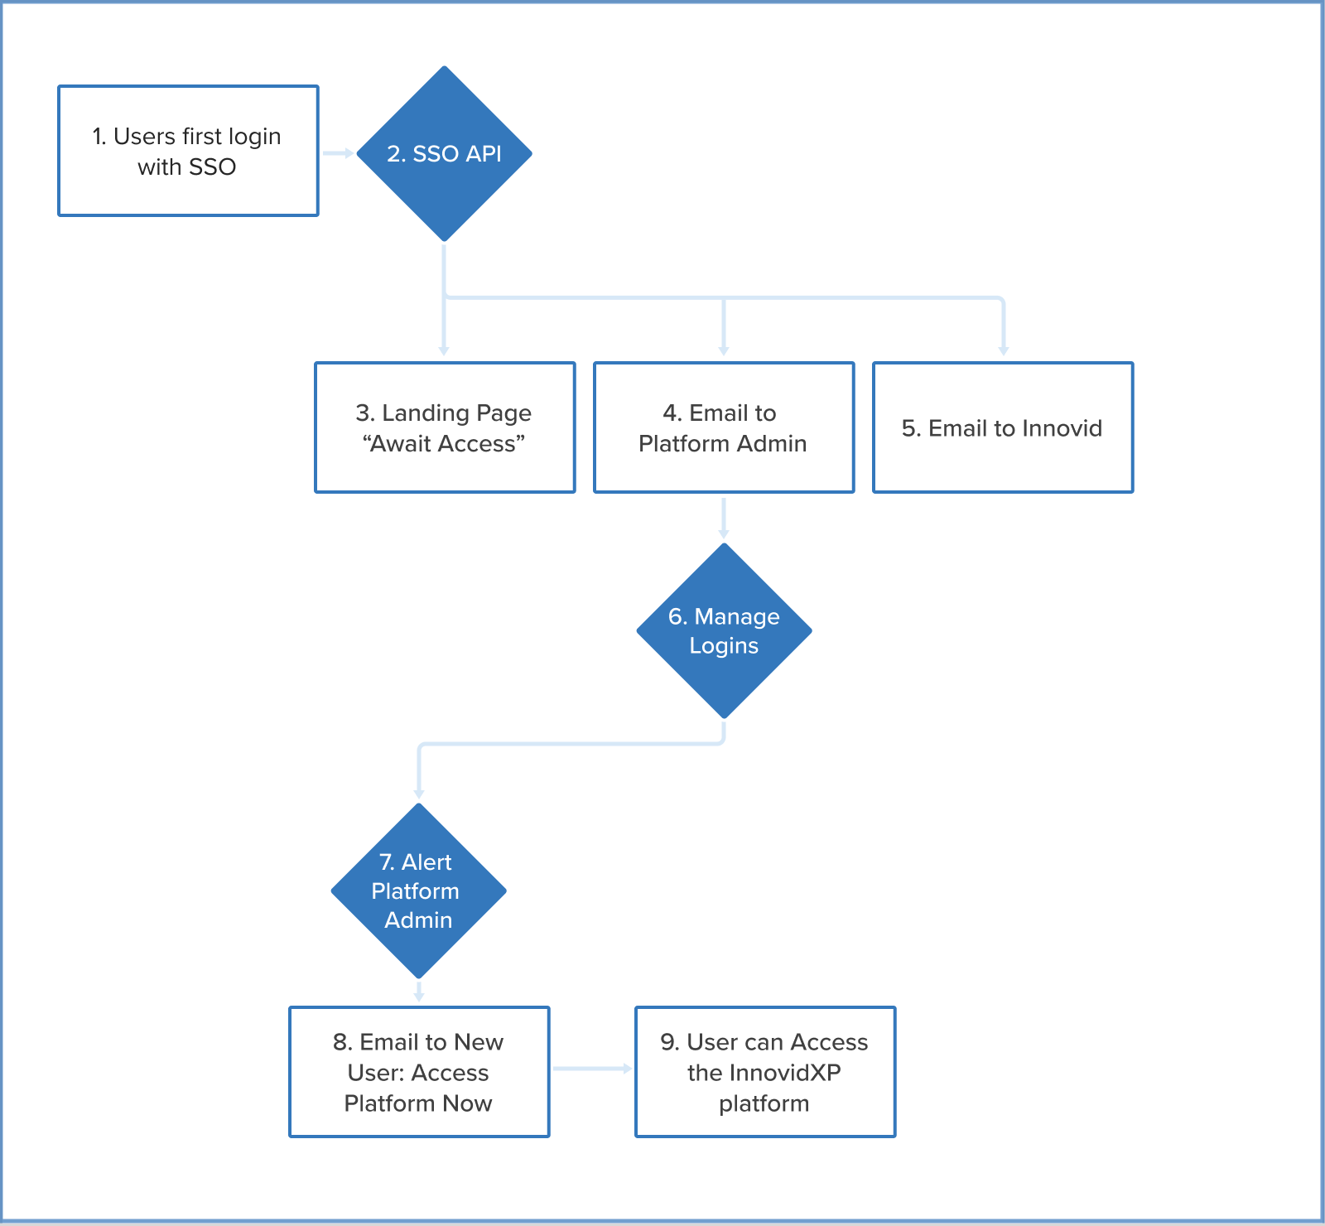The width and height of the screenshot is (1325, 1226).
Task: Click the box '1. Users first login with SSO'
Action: tap(188, 151)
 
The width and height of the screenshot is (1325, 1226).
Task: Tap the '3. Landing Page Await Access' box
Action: tap(445, 427)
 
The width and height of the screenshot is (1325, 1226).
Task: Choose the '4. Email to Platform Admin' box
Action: tap(724, 427)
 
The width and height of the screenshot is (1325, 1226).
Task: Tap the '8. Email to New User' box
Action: tap(419, 1072)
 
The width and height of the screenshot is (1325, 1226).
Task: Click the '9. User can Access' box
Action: tap(765, 1072)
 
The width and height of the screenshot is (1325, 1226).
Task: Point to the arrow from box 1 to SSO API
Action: tap(337, 153)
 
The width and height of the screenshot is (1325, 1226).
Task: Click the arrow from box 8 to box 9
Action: tap(591, 1069)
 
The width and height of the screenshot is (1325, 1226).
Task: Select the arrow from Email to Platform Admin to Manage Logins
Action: tap(724, 518)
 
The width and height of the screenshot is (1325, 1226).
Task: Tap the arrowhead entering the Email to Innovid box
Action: tap(1003, 351)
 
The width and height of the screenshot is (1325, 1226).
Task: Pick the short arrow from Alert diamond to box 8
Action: tap(419, 992)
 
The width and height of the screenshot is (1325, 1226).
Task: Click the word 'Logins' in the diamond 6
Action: tap(724, 646)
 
